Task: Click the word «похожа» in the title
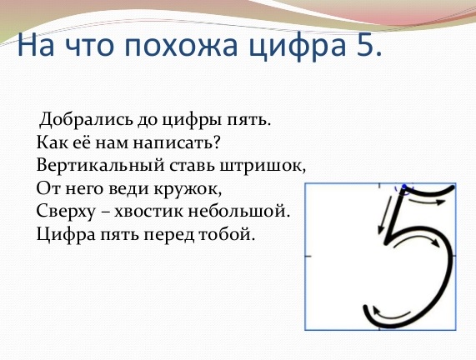point(181,46)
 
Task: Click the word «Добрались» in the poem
point(86,120)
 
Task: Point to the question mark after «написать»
point(216,142)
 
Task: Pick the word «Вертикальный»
point(100,166)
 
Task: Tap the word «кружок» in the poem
point(188,189)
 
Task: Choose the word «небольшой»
point(238,211)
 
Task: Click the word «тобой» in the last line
point(226,234)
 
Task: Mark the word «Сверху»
point(66,212)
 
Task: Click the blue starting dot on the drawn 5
point(403,187)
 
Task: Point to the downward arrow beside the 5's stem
point(384,215)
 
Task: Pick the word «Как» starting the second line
point(52,142)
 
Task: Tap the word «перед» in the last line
point(168,235)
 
